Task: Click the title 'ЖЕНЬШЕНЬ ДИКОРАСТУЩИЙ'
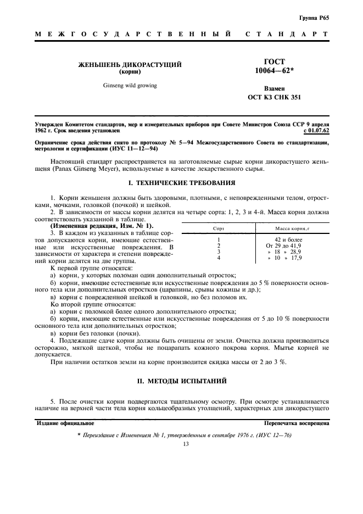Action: coord(131,65)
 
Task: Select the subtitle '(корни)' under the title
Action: coord(131,72)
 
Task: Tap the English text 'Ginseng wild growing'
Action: coord(130,86)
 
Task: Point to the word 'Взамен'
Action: coord(274,88)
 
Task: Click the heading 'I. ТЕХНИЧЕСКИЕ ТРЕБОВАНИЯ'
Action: coord(181,182)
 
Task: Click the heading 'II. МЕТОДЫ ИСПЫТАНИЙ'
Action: coord(181,381)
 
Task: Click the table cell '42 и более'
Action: coord(288,239)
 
